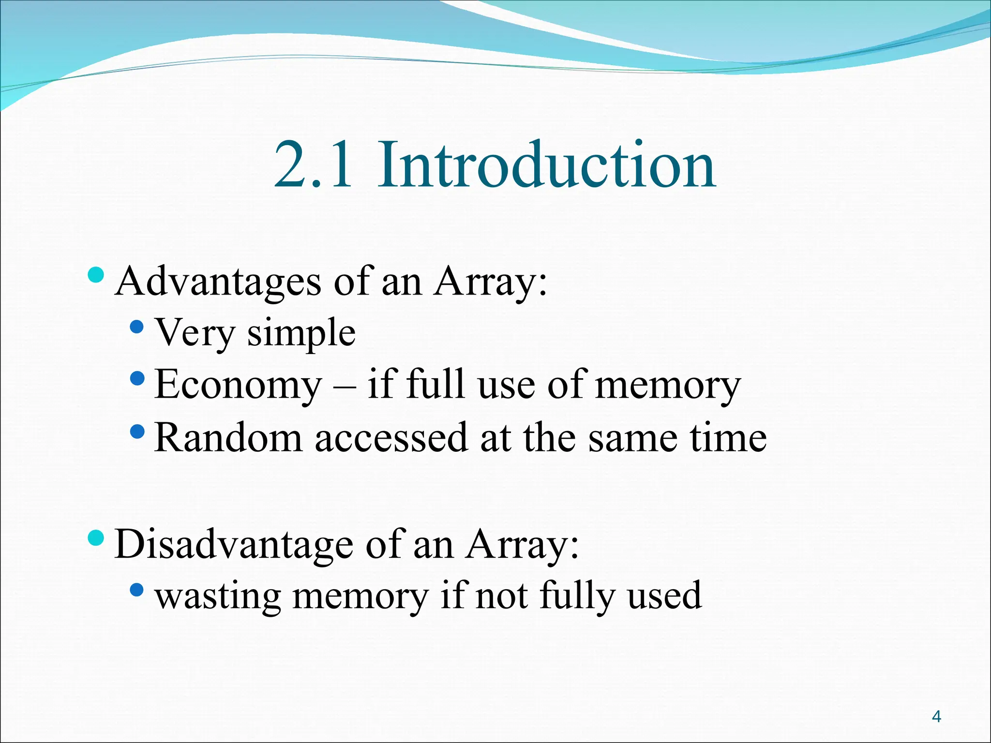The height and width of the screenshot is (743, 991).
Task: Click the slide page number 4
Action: pyautogui.click(x=936, y=716)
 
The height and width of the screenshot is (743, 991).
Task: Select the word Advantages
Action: pyautogui.click(x=218, y=282)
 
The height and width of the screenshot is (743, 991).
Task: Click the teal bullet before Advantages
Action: pyautogui.click(x=96, y=275)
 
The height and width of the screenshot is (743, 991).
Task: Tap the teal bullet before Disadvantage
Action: pyautogui.click(x=96, y=537)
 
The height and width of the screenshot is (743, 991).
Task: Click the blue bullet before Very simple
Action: pyautogui.click(x=137, y=327)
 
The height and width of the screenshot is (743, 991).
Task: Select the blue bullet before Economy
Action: pyautogui.click(x=137, y=378)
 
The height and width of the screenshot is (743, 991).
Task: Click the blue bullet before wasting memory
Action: pyautogui.click(x=137, y=589)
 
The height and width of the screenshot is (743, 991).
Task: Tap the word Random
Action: pyautogui.click(x=228, y=438)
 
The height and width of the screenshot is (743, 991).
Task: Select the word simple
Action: pyautogui.click(x=301, y=333)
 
